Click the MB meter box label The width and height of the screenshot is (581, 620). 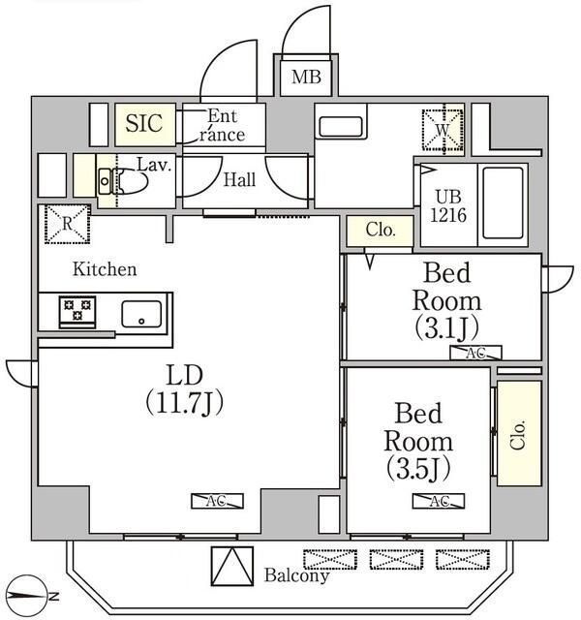pos(306,77)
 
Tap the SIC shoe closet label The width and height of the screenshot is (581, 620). pos(144,123)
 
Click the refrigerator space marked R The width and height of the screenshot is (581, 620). pos(67,224)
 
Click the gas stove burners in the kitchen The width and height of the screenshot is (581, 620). pos(77,310)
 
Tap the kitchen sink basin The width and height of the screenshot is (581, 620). pos(141,314)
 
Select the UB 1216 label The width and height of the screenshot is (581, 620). pos(448,206)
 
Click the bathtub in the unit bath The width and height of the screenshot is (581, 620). pos(503,202)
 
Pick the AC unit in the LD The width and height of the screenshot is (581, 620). pos(217,501)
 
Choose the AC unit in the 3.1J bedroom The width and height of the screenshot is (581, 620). pos(475,353)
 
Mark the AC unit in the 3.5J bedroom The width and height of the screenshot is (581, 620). pos(439,501)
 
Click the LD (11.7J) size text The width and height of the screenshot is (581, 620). pos(185,389)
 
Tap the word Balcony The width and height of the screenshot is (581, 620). pos(296,575)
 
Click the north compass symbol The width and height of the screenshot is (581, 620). pos(28,595)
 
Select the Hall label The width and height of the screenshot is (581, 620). pos(239,180)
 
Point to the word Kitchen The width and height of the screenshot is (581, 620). pos(105,269)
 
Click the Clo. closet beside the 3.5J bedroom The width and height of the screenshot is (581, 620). pos(519,433)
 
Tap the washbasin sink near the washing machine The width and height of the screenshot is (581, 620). pos(340,127)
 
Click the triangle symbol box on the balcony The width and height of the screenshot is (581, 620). pos(232,566)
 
